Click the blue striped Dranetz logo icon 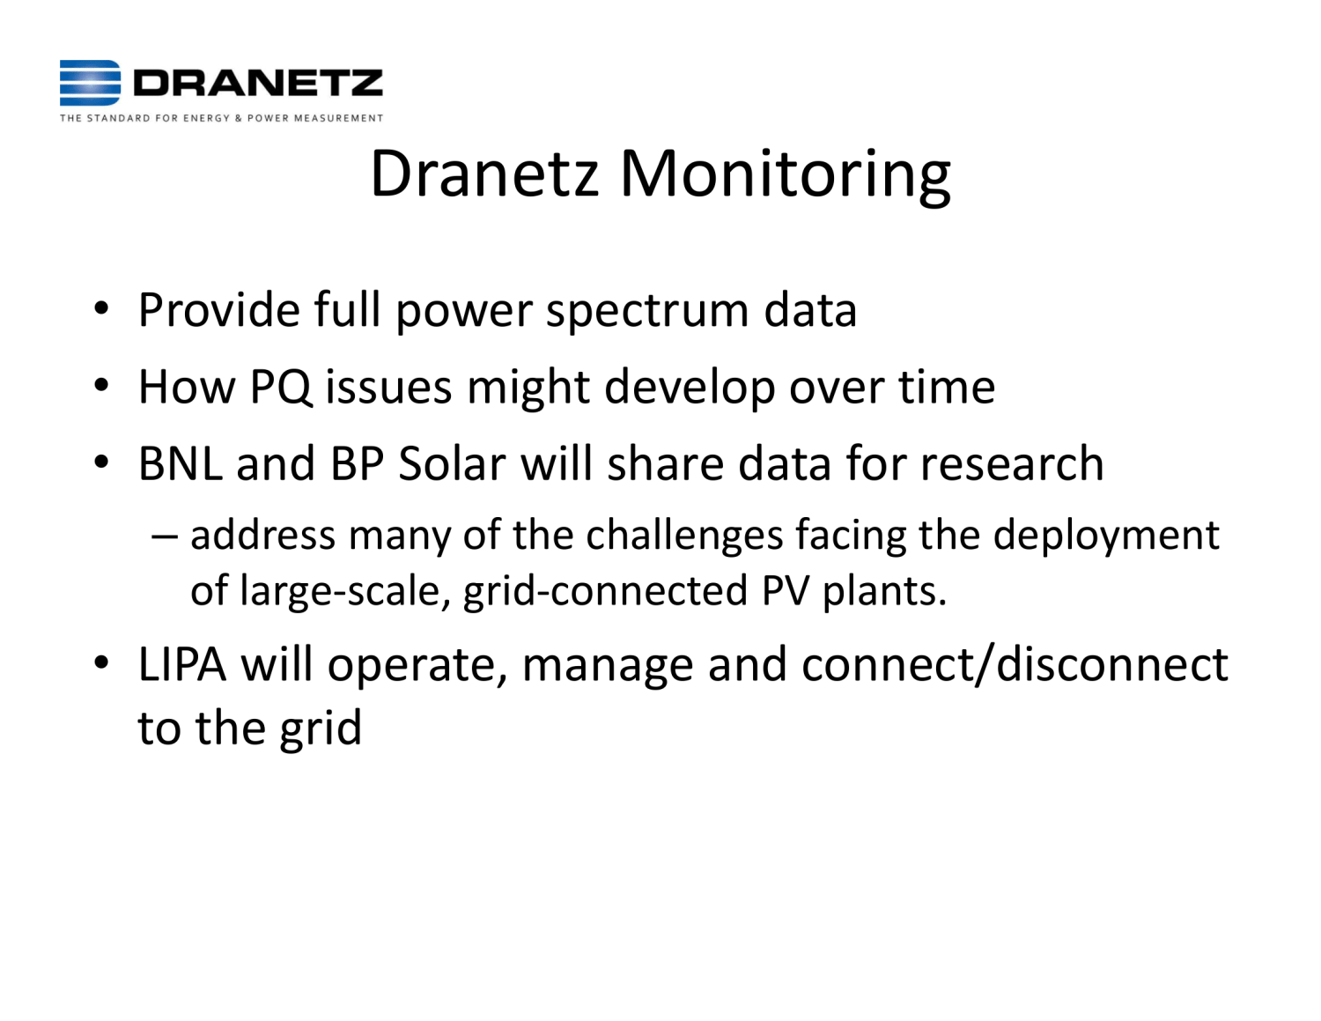(x=90, y=83)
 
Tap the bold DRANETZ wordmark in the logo (x=258, y=84)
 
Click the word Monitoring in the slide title (x=786, y=174)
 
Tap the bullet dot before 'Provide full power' (x=102, y=309)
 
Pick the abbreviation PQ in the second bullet (x=281, y=388)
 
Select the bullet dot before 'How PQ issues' (x=102, y=386)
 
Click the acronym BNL (x=180, y=463)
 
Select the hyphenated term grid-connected (x=605, y=590)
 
